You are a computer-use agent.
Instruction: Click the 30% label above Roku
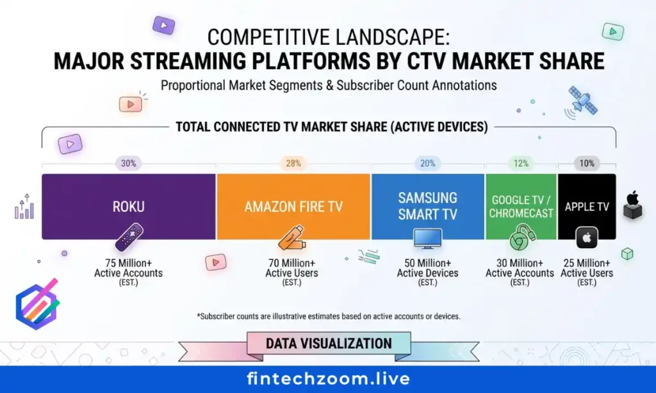coord(129,163)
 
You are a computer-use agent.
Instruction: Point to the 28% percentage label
coord(293,163)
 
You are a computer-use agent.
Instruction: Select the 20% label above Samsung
coord(427,163)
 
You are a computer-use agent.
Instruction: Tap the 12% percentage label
coord(521,163)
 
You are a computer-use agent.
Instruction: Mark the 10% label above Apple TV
coord(587,163)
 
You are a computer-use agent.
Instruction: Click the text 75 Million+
coord(128,263)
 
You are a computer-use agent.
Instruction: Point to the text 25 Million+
coord(587,263)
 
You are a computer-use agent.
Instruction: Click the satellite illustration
coord(582,101)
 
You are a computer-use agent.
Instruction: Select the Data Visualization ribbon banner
coord(329,344)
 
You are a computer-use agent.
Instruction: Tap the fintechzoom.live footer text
coord(328,379)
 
